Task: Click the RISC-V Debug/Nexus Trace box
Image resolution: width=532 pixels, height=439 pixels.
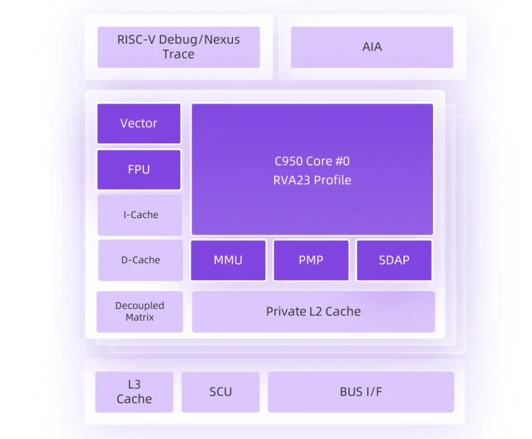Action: (x=179, y=47)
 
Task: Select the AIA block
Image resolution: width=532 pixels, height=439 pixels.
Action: (x=372, y=47)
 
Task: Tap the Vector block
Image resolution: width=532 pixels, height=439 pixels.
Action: (x=139, y=123)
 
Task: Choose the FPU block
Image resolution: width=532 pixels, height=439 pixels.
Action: (x=139, y=169)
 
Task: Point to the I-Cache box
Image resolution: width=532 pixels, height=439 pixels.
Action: (x=140, y=214)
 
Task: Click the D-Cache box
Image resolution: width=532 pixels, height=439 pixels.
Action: (x=140, y=259)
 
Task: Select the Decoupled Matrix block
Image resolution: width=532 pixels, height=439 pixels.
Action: (x=140, y=311)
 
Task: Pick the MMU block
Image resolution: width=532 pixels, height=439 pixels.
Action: (x=228, y=260)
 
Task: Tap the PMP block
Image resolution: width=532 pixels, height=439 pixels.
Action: (x=311, y=260)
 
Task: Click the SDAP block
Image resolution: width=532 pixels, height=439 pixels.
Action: (x=394, y=260)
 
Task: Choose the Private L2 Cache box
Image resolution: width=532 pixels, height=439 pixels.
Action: (x=313, y=311)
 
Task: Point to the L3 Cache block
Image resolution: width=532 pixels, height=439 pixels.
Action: (x=134, y=392)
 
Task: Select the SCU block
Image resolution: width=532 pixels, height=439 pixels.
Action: (x=220, y=392)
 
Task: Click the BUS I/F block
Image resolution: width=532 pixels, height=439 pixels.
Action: (x=361, y=392)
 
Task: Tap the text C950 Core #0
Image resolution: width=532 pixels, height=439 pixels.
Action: (x=312, y=161)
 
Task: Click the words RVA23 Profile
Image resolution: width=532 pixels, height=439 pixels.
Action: (x=312, y=180)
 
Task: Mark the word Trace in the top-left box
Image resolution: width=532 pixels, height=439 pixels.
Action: (x=179, y=54)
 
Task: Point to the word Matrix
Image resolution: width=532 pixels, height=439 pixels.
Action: (x=140, y=317)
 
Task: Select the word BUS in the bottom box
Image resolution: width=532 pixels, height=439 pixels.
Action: (x=351, y=392)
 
